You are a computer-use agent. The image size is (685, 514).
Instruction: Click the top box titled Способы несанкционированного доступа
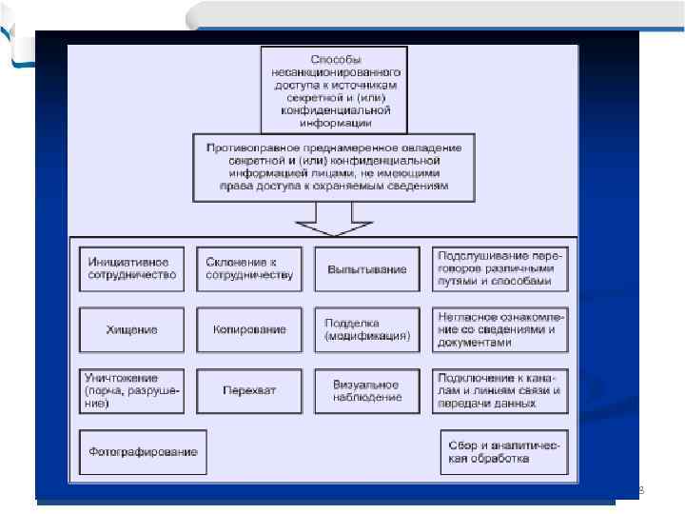tap(334, 90)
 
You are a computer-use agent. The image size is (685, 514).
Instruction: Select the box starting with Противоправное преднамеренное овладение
tap(333, 168)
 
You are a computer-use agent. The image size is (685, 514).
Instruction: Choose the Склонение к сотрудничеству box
tap(250, 269)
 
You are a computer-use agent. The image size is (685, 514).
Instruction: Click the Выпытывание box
tap(365, 269)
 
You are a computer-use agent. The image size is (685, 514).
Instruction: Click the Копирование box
tap(250, 329)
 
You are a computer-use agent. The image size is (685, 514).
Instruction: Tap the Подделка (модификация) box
tap(365, 329)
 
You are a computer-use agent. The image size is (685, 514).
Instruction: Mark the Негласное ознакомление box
tap(499, 329)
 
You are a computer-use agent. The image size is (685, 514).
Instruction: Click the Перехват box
tap(250, 390)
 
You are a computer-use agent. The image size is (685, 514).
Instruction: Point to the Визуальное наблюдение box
tap(365, 390)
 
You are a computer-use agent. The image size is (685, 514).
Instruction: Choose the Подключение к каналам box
tap(499, 390)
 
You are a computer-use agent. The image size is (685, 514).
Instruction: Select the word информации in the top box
tap(334, 123)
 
